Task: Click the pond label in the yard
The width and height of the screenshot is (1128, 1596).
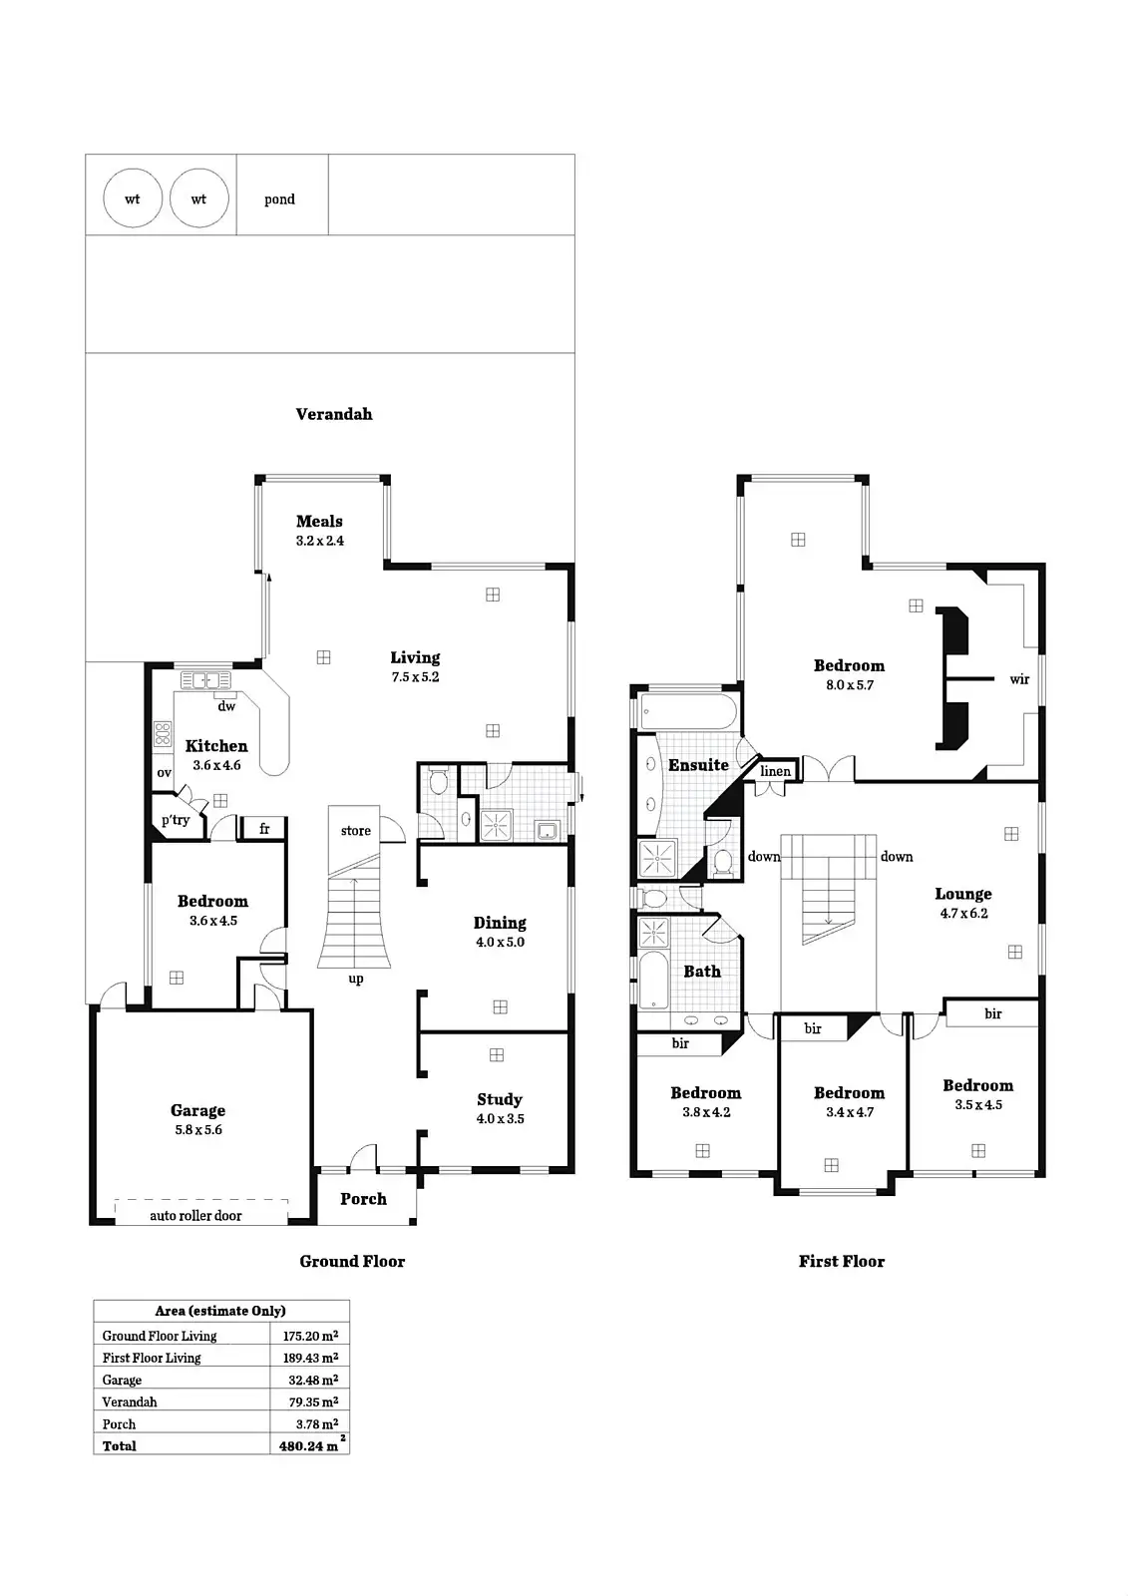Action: (x=279, y=199)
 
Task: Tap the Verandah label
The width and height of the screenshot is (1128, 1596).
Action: (x=334, y=414)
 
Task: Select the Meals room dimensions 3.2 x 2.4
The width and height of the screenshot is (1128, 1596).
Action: (x=319, y=541)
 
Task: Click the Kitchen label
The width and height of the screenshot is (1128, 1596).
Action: (x=216, y=746)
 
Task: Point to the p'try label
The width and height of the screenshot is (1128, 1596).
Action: (x=176, y=820)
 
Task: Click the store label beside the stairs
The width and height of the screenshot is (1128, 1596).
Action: (x=355, y=830)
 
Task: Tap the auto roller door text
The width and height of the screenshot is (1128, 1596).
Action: (x=195, y=1215)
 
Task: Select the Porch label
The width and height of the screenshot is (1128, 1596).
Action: (x=363, y=1199)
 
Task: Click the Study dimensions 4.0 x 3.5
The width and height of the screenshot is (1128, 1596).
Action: (x=500, y=1119)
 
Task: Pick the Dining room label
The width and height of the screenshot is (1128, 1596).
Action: (x=500, y=923)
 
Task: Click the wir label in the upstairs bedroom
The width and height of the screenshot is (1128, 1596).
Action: (x=1019, y=679)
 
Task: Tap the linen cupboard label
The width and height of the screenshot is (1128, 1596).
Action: (x=775, y=771)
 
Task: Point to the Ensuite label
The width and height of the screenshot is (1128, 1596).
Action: (x=698, y=765)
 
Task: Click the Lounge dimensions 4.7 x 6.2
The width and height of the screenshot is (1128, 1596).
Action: (x=963, y=914)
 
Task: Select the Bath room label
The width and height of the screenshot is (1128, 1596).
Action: (x=702, y=971)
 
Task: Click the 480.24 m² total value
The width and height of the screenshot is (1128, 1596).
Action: (x=309, y=1445)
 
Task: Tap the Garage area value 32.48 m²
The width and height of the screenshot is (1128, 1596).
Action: (x=310, y=1380)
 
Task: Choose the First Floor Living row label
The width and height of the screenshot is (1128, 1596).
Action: (x=152, y=1358)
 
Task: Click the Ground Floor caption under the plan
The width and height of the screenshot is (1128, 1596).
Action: (x=352, y=1261)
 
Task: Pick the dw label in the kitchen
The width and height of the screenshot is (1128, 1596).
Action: (x=226, y=706)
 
